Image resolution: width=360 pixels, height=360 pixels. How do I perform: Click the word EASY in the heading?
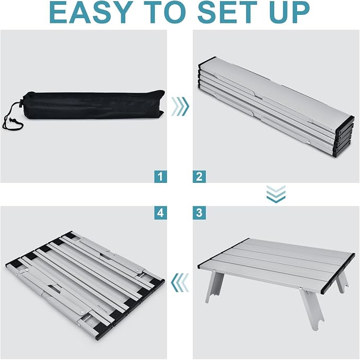(x=91, y=12)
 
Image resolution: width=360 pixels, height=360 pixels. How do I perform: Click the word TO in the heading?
(x=166, y=12)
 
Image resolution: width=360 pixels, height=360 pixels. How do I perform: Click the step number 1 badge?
(x=161, y=177)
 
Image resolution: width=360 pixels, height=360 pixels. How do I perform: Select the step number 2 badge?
(x=199, y=177)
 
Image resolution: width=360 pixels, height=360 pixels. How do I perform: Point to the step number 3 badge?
(x=199, y=213)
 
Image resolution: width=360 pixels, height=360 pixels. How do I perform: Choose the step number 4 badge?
(x=161, y=213)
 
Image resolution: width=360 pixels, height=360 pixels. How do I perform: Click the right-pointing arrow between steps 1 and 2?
(x=180, y=107)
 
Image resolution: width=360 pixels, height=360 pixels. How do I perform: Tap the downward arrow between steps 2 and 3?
(x=276, y=194)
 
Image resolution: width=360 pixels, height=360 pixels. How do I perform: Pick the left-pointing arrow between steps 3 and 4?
(x=180, y=283)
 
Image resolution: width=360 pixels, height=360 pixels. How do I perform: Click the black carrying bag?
(x=92, y=105)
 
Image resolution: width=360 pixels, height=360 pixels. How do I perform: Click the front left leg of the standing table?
(x=214, y=286)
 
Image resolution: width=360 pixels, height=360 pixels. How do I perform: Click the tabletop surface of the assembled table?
(x=276, y=264)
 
